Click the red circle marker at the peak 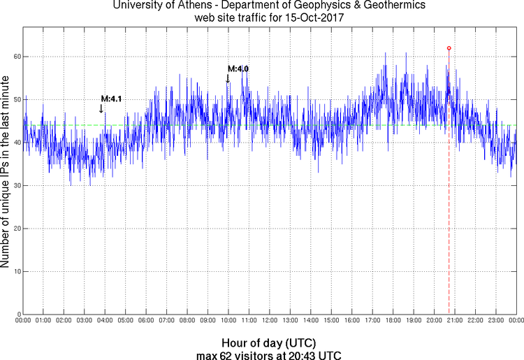tap(449, 48)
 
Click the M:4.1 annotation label tap(112, 99)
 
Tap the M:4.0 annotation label tap(238, 69)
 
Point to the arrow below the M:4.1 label tap(101, 108)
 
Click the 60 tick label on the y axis tap(16, 56)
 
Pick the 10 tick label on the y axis tap(16, 271)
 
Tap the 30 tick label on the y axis tap(16, 185)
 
